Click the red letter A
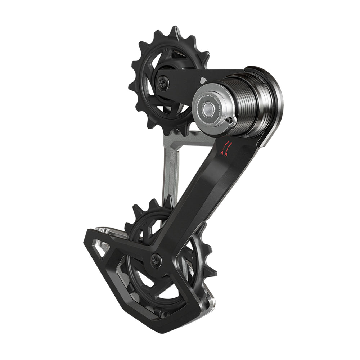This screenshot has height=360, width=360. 222,153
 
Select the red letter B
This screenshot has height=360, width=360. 226,154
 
